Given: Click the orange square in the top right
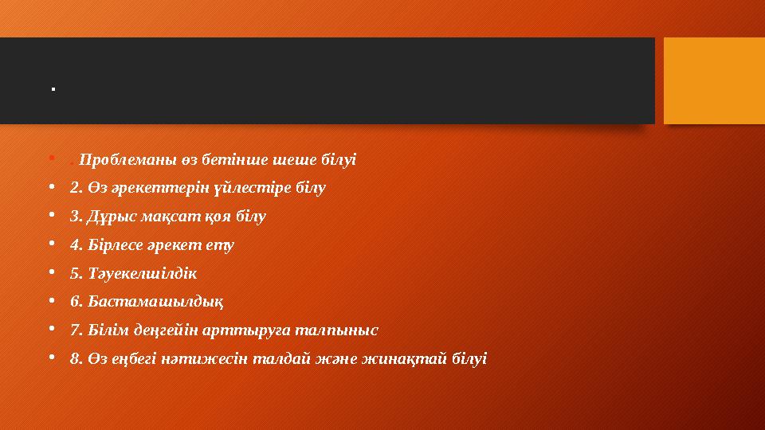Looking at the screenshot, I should [x=714, y=81].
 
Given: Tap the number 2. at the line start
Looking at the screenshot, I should [x=76, y=187].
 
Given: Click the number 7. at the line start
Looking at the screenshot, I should [x=76, y=330].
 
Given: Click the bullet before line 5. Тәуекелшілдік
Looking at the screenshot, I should [x=52, y=273].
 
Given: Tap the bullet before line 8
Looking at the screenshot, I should [x=52, y=358].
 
